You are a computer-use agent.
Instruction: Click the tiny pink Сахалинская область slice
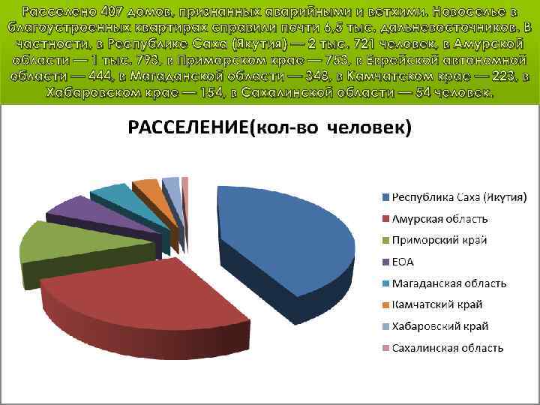point(184,181)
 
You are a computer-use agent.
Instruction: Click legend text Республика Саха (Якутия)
point(459,197)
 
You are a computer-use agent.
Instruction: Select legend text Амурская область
point(441,219)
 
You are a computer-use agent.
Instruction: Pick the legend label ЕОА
point(403,262)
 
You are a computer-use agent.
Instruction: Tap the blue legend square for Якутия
point(385,197)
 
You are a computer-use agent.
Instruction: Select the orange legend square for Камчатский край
point(385,304)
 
